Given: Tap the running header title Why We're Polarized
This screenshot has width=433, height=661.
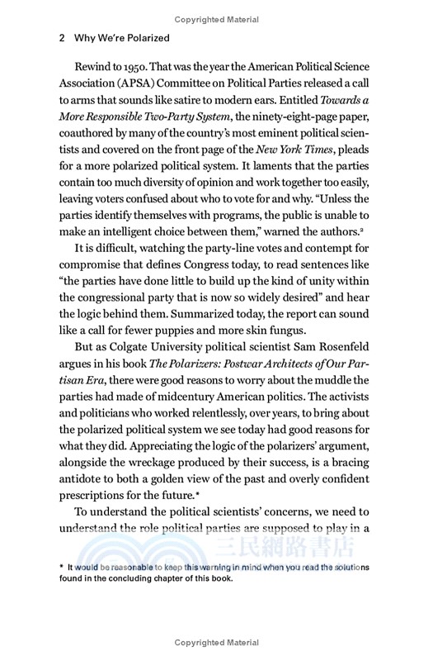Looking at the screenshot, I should click(x=122, y=38).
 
